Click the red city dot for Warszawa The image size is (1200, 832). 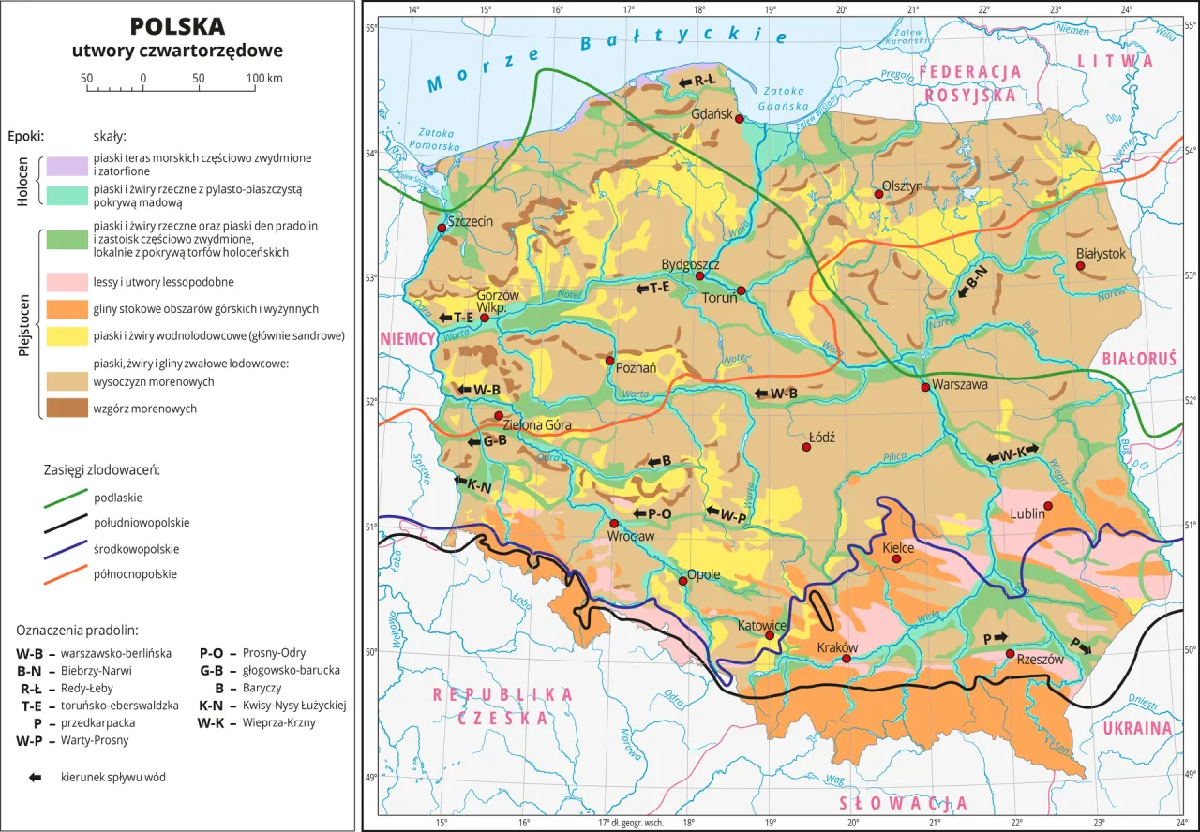(925, 387)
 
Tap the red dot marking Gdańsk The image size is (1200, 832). (739, 119)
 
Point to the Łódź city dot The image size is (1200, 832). (806, 447)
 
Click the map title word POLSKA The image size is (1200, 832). (177, 25)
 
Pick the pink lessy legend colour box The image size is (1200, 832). (66, 282)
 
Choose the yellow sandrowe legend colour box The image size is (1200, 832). (66, 335)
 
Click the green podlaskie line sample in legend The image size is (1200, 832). (67, 498)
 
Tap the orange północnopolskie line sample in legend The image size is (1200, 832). (67, 574)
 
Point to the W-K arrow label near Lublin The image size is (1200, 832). (1012, 454)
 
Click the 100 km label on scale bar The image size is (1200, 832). (264, 78)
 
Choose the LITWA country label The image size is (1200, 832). (1116, 61)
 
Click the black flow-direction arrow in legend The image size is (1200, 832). (36, 777)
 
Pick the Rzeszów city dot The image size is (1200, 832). (1010, 654)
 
